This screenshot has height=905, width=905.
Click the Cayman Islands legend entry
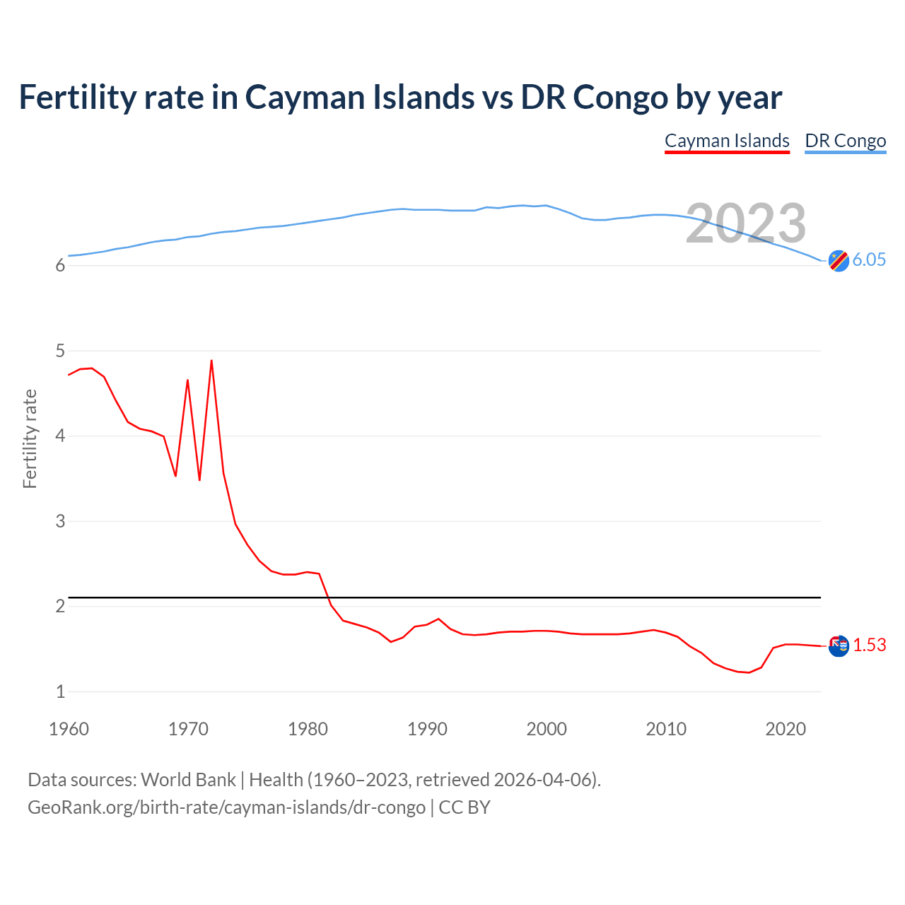pos(727,141)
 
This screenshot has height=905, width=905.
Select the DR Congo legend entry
pos(845,141)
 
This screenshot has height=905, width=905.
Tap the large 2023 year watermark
pos(746,223)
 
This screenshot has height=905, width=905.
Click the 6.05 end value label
pos(869,259)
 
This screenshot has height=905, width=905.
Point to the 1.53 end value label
pos(869,645)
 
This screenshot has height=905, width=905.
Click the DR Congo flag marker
pos(839,261)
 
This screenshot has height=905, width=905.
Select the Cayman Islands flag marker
pos(839,646)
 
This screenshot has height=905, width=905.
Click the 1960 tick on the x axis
pos(69,729)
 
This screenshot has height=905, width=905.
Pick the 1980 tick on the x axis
pos(308,729)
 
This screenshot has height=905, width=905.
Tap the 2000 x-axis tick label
pos(547,729)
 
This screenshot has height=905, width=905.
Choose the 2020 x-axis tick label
pos(786,729)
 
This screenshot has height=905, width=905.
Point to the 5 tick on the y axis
pos(60,351)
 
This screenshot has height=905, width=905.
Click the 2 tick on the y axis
pos(60,607)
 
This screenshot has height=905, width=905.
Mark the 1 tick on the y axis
pos(60,691)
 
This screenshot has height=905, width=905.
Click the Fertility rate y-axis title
pos(30,438)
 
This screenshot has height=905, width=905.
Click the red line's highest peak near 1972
pos(211,361)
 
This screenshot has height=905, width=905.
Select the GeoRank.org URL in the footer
pos(226,807)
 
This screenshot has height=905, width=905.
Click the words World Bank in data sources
pos(188,780)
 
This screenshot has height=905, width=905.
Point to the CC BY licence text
pos(465,807)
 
